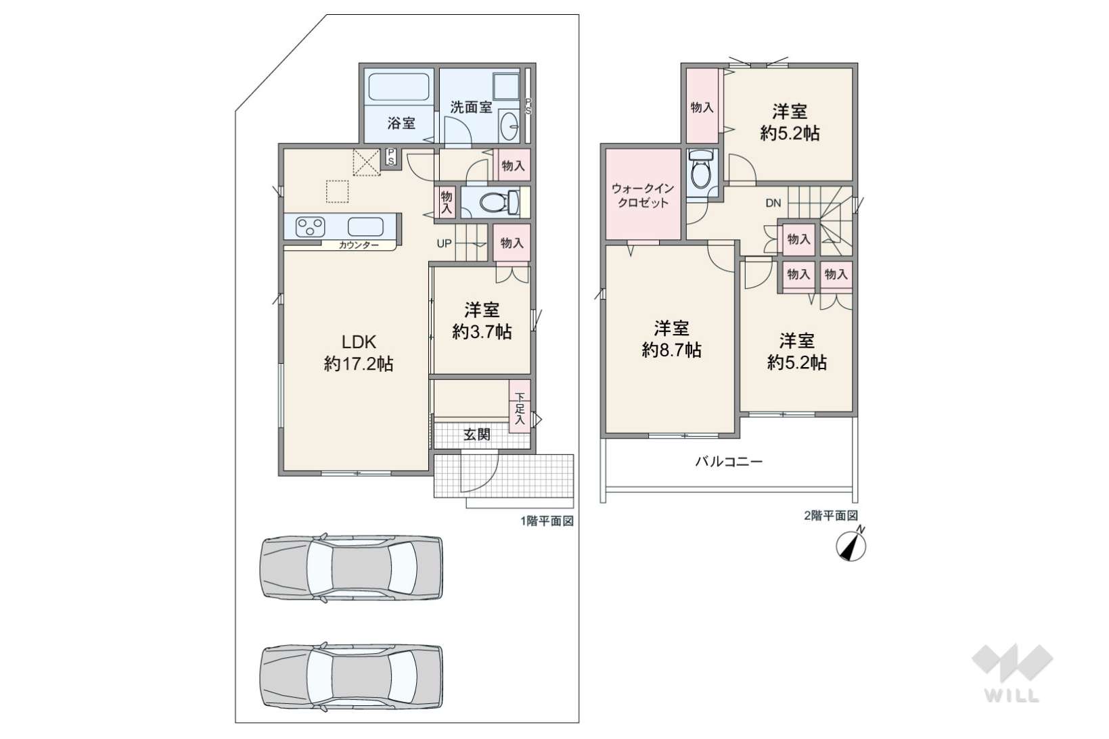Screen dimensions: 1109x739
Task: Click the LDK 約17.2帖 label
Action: pos(359,353)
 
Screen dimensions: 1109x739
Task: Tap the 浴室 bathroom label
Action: pos(401,123)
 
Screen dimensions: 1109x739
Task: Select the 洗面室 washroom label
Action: pos(471,107)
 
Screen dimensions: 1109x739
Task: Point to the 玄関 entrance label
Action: pos(477,434)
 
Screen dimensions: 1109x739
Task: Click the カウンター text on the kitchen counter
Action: pos(359,245)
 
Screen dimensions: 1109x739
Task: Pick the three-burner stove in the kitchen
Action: pos(310,227)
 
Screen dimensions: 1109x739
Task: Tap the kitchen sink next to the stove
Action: pos(365,227)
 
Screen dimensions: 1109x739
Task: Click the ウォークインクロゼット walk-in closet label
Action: pos(643,195)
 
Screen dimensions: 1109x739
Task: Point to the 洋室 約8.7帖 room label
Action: pos(671,339)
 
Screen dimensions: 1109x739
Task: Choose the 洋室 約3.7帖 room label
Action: pos(482,320)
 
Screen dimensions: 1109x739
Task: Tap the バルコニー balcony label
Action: pos(729,462)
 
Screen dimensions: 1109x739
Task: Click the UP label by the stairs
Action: pos(444,243)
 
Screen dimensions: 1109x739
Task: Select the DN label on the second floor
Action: pos(773,203)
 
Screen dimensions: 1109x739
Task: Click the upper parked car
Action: pos(351,567)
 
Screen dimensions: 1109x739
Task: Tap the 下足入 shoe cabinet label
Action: pos(520,408)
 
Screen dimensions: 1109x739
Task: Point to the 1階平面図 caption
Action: pos(547,521)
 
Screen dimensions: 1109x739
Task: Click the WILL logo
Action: pos(1012,673)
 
